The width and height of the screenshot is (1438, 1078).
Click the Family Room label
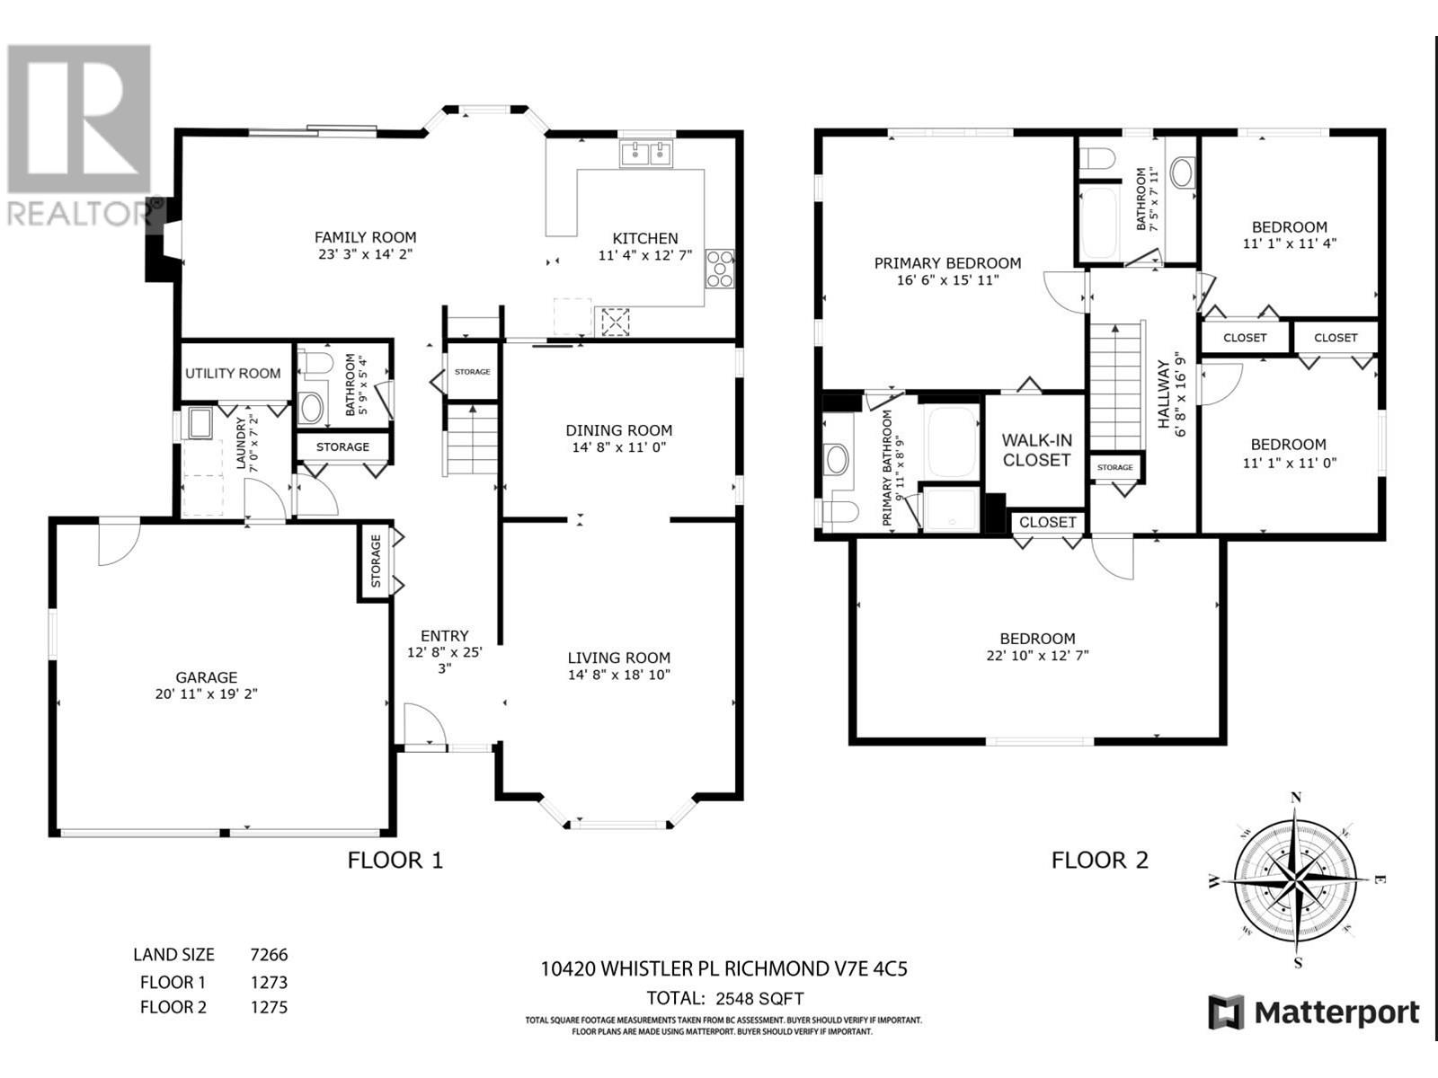click(365, 237)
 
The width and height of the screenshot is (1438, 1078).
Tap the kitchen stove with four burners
click(720, 269)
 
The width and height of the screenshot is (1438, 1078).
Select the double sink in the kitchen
click(646, 155)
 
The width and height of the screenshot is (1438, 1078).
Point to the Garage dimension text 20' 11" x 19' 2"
click(206, 694)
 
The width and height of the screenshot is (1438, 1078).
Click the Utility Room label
click(233, 373)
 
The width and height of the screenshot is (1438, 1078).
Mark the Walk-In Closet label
click(1036, 450)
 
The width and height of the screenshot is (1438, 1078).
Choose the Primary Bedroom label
click(947, 263)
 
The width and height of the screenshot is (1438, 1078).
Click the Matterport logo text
click(1336, 1013)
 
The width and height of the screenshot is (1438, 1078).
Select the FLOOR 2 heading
click(1099, 861)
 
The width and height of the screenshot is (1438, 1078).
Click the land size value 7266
click(269, 955)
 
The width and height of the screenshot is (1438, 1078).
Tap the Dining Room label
click(618, 430)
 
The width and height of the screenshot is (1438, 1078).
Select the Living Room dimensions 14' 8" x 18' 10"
click(618, 675)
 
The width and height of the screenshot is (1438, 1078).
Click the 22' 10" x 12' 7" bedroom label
click(1036, 656)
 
